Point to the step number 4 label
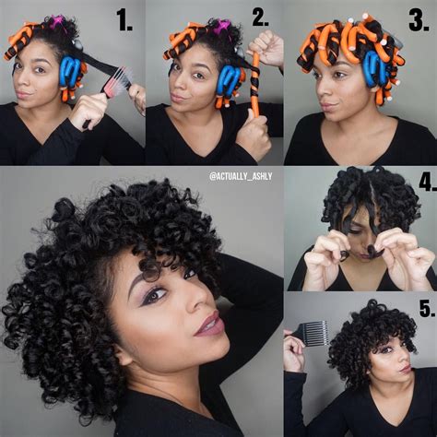425,182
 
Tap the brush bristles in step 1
119,81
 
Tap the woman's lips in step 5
402,369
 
